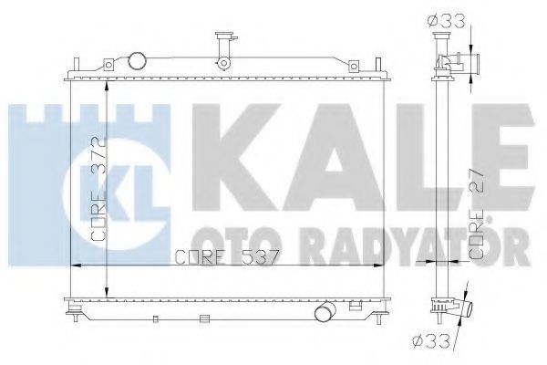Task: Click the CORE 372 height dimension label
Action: point(98,189)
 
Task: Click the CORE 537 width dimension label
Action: point(227,257)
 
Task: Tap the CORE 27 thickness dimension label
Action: point(477,213)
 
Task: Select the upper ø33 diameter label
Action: point(447,22)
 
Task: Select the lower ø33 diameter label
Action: point(431,342)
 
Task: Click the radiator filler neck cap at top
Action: point(225,36)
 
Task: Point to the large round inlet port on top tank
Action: point(137,61)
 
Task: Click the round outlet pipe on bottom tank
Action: point(325,311)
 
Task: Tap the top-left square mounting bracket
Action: point(108,65)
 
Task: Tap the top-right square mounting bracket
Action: point(354,66)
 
